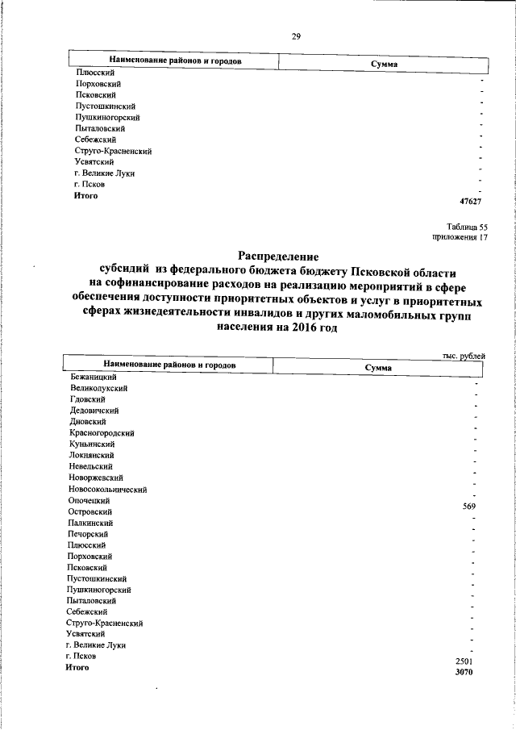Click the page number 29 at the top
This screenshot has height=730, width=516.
point(296,35)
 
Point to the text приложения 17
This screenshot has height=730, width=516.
point(460,238)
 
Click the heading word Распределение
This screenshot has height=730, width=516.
point(274,257)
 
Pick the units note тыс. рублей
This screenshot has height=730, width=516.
point(465,354)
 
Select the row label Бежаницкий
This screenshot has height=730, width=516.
point(94,377)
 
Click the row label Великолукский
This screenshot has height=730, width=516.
point(99,388)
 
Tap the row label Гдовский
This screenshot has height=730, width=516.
point(88,399)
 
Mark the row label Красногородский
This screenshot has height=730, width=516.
point(102,433)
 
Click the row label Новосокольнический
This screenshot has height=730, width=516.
point(107,489)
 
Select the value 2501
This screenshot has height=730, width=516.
point(468,661)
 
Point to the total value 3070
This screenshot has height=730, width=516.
point(468,673)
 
